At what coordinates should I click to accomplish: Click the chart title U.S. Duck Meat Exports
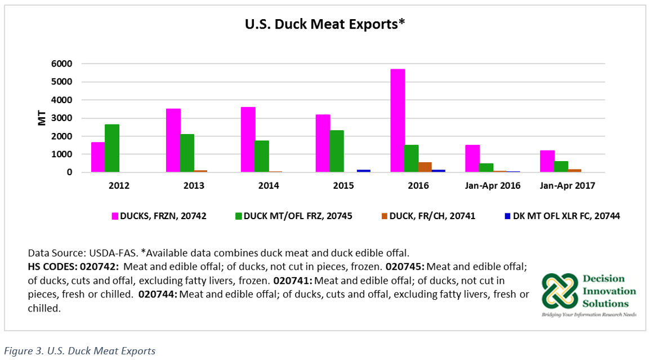(325, 24)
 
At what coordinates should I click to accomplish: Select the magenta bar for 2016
(398, 121)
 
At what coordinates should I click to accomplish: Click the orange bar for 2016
(425, 167)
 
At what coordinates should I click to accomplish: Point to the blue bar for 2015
(364, 170)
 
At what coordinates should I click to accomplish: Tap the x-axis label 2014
(269, 186)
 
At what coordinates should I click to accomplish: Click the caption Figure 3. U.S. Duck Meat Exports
(79, 351)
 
